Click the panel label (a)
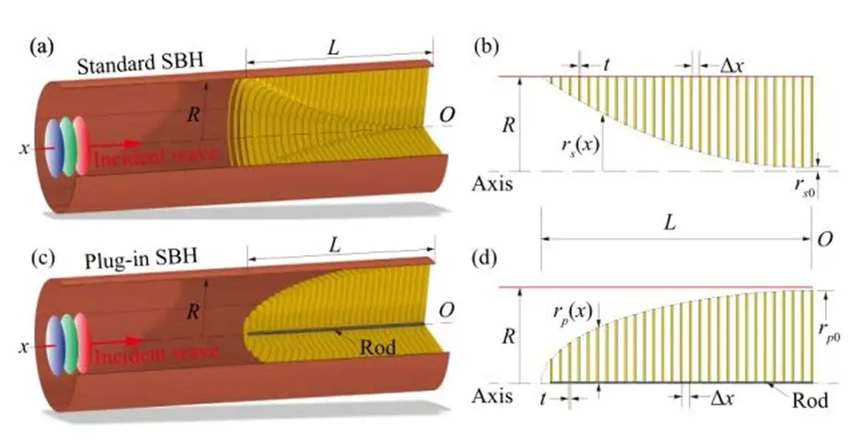tap(42, 47)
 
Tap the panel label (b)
tap(486, 47)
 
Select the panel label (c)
tap(44, 258)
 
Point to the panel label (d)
tap(485, 258)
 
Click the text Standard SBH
tap(140, 64)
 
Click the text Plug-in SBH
tap(141, 259)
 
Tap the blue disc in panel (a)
tap(54, 147)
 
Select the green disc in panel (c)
tap(69, 344)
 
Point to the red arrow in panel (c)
tap(116, 341)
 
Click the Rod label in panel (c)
tap(378, 347)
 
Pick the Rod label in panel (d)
tap(810, 400)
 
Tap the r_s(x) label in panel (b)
tap(581, 147)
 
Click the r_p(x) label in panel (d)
tap(573, 312)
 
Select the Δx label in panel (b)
tap(732, 66)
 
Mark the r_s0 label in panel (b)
tap(805, 187)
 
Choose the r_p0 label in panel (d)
tap(828, 332)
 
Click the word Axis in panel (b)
tap(492, 184)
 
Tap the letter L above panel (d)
tap(670, 222)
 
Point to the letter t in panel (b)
tap(606, 66)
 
